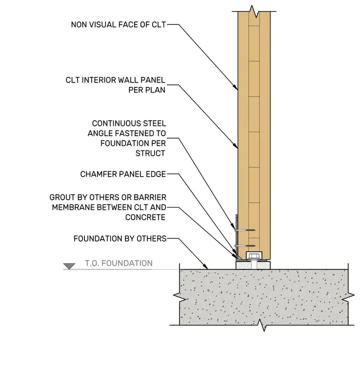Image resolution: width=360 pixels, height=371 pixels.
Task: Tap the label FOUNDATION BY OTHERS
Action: (x=120, y=239)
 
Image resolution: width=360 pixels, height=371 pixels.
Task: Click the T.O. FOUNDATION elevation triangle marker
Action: (x=69, y=266)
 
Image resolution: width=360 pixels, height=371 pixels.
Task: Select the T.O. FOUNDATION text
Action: (x=119, y=263)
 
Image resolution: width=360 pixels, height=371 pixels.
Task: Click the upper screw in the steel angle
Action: (x=245, y=230)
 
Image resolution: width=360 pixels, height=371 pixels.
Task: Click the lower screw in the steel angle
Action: (x=245, y=246)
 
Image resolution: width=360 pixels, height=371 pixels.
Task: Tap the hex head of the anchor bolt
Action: (x=254, y=256)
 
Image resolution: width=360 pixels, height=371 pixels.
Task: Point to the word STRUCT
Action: (x=150, y=153)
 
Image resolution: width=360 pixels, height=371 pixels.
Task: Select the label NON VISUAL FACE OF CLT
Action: (x=119, y=24)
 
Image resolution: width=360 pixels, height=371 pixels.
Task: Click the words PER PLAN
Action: (x=147, y=90)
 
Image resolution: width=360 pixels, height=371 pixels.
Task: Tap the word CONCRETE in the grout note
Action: (x=145, y=217)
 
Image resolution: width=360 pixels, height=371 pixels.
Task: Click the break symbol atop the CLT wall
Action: (x=254, y=11)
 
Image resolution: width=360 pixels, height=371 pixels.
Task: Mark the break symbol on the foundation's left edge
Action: (x=180, y=295)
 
